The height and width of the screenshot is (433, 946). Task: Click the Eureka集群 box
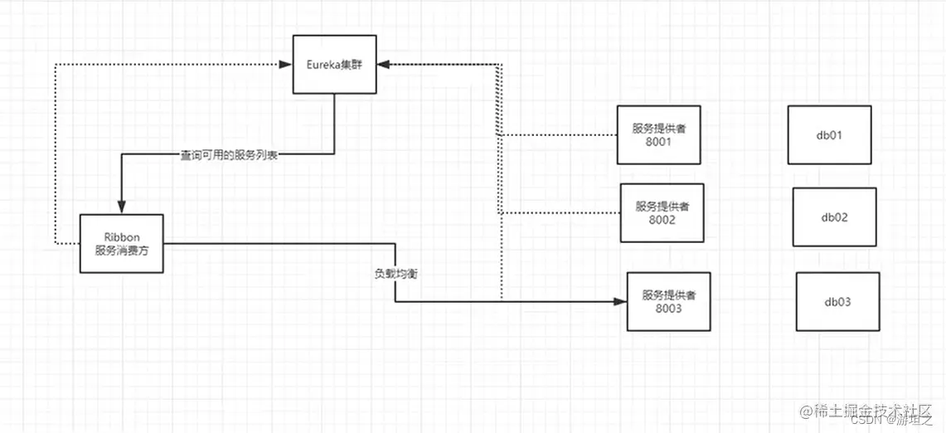(x=334, y=64)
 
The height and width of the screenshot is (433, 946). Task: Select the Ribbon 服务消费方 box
(x=121, y=243)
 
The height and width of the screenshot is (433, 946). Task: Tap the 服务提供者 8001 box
(x=658, y=134)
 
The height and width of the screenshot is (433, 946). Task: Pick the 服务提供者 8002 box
(x=662, y=212)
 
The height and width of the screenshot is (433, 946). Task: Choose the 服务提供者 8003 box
(x=668, y=301)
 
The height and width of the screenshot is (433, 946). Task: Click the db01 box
(x=829, y=134)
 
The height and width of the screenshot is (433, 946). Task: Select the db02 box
(x=834, y=216)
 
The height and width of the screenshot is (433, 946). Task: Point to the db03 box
(x=837, y=302)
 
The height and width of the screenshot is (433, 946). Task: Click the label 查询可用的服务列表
(x=229, y=154)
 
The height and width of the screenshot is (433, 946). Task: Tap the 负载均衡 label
(x=395, y=272)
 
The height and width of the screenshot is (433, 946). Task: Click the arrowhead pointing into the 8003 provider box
(x=620, y=302)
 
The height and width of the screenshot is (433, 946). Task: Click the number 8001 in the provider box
(x=658, y=142)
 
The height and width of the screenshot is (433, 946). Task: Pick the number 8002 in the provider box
(x=662, y=220)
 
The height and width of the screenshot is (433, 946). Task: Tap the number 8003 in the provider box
(x=668, y=309)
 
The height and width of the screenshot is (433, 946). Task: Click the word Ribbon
(x=121, y=236)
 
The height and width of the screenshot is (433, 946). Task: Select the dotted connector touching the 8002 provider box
(x=564, y=213)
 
